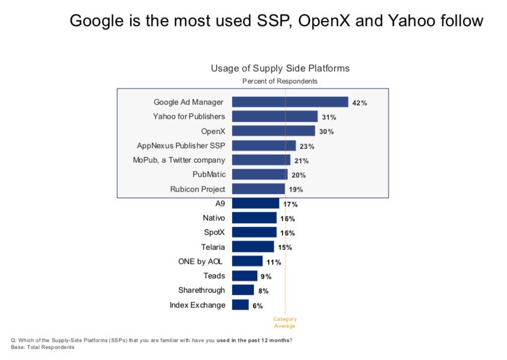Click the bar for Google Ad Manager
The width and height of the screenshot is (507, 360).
(290, 102)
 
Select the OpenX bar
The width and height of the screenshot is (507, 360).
(273, 131)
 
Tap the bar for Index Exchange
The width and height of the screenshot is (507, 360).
(240, 305)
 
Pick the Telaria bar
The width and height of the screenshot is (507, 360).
(253, 247)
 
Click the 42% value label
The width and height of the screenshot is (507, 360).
(360, 103)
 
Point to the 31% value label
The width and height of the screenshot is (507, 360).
(329, 118)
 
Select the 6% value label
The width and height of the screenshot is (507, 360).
(257, 306)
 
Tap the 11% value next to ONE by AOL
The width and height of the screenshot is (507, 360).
(273, 262)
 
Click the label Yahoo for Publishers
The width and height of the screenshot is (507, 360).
(188, 116)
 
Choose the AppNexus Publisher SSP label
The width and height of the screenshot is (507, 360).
(181, 146)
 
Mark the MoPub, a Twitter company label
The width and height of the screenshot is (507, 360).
(179, 160)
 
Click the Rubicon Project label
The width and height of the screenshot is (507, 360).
(198, 189)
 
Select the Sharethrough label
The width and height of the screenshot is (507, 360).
(202, 291)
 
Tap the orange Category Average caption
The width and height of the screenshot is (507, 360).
(285, 322)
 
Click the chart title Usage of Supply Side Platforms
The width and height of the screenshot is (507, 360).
(280, 68)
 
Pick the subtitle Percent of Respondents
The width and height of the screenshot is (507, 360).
(280, 81)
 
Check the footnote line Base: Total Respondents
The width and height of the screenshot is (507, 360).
(43, 347)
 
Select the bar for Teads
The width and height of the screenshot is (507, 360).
(245, 276)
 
